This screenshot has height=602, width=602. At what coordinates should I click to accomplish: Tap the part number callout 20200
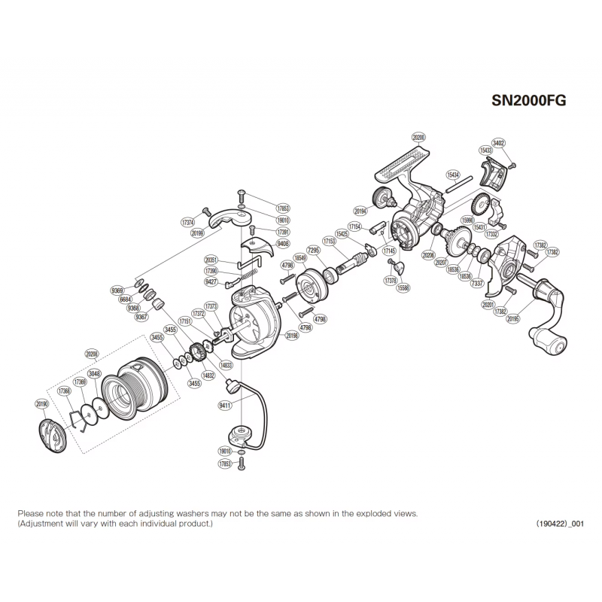click(419, 137)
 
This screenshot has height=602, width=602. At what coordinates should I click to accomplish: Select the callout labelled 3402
click(498, 142)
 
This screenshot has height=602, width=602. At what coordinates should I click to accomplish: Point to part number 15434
click(453, 174)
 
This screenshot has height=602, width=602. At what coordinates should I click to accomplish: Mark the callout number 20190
click(42, 404)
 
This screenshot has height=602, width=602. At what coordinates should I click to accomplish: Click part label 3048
click(94, 373)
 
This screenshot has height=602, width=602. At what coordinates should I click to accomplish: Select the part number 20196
click(291, 337)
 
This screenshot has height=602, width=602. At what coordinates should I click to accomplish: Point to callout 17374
click(189, 223)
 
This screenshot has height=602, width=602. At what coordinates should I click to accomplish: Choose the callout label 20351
click(211, 258)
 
